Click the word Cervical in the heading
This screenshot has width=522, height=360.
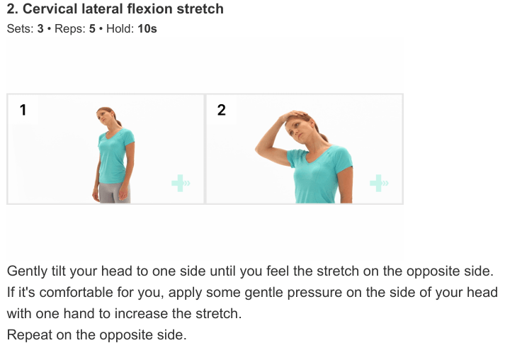50,9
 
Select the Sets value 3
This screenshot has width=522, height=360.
40,28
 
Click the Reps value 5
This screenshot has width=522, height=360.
92,28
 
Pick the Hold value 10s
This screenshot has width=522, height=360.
147,28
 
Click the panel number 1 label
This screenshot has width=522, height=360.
23,110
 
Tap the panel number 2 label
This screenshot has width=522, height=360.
222,110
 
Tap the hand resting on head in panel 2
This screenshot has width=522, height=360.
293,115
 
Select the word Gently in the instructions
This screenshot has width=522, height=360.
28,271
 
